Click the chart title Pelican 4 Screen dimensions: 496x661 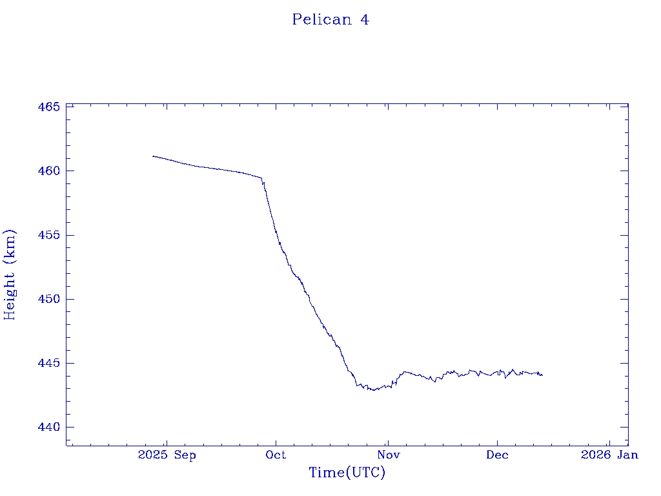pos(330,19)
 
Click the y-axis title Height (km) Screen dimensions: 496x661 pos(10,274)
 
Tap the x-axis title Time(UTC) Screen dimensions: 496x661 pos(347,473)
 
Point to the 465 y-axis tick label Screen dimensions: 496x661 pos(48,107)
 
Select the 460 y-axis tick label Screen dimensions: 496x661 pos(48,170)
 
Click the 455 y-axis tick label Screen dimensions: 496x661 pos(48,235)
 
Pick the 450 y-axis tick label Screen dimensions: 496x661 pos(48,299)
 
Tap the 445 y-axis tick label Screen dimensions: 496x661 pos(48,363)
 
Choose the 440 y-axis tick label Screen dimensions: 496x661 pos(48,427)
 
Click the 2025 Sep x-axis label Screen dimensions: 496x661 pos(167,455)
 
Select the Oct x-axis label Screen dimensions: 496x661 pos(276,455)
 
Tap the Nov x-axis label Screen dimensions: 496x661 pos(387,455)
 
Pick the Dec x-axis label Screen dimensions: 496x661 pos(498,455)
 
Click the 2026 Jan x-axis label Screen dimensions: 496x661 pos(609,455)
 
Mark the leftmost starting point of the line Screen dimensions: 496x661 pos(153,156)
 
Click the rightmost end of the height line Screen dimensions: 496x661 pos(542,375)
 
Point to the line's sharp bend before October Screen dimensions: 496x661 pos(261,178)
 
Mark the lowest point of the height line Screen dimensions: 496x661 pos(374,390)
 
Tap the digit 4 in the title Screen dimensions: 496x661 pos(365,19)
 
